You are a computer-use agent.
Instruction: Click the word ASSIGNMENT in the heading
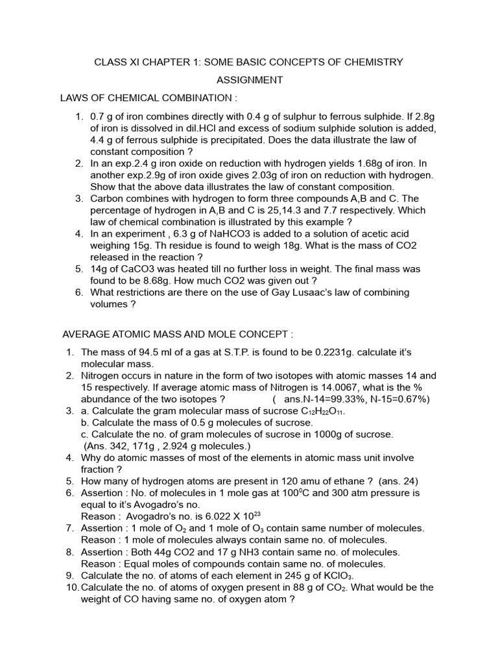point(249,80)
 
